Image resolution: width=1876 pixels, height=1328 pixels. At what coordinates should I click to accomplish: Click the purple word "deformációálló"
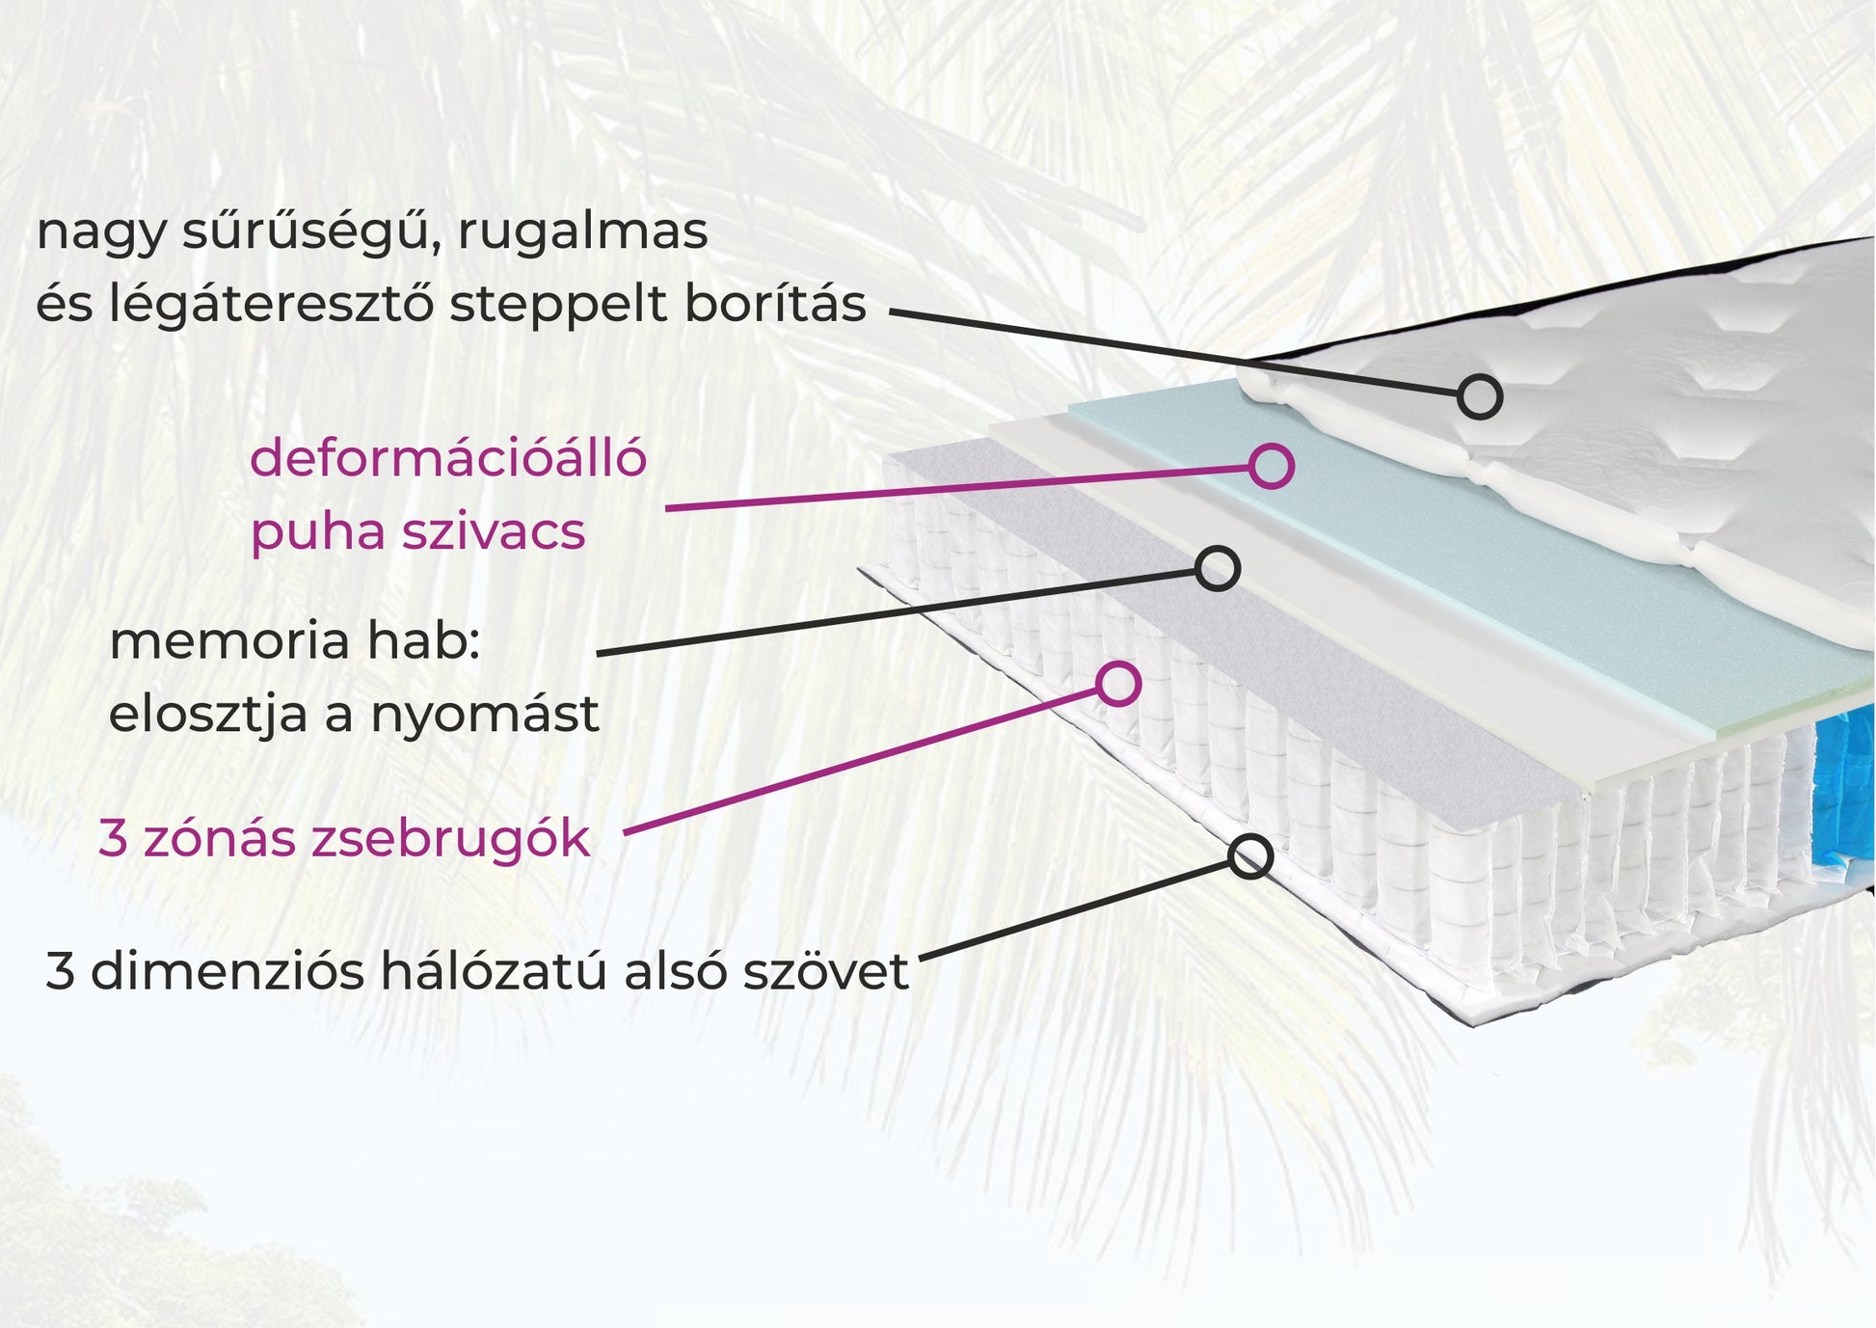click(447, 458)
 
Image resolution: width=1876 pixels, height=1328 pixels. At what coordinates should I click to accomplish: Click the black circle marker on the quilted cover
click(1479, 396)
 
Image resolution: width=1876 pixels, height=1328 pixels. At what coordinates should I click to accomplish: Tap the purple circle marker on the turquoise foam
click(1271, 466)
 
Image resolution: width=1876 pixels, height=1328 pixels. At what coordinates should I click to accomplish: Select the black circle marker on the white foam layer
click(1217, 569)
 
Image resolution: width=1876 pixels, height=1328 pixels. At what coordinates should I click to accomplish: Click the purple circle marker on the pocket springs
click(1118, 684)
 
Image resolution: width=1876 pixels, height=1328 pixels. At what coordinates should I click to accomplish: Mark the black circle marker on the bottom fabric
click(1250, 856)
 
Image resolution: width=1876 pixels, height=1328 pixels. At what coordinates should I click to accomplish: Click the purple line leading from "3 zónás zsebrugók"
click(868, 759)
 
